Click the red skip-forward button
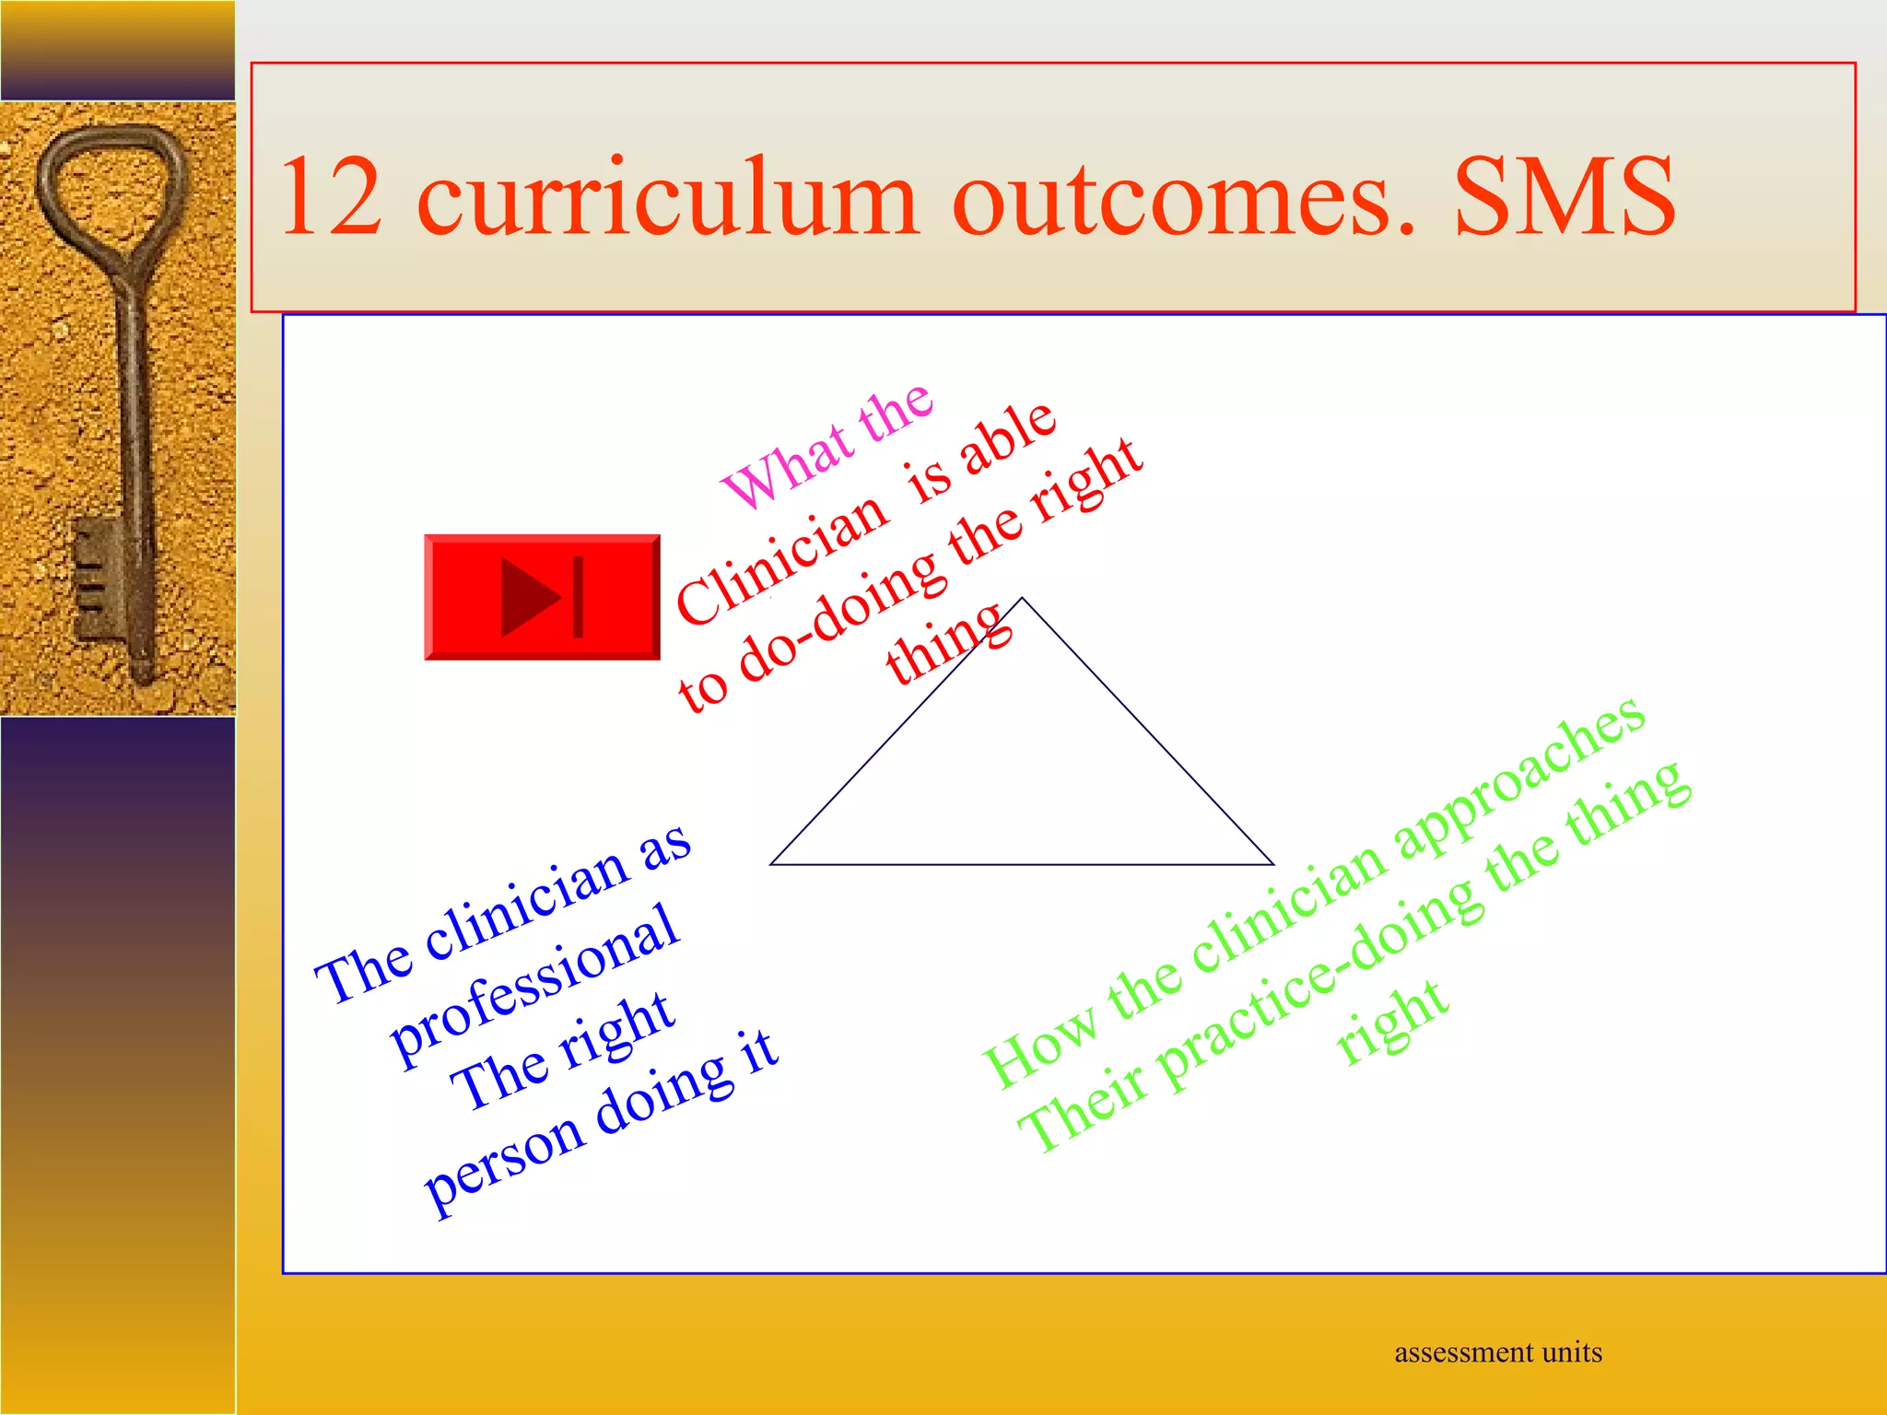(x=542, y=597)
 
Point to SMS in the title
(x=1565, y=197)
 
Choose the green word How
(x=1039, y=1047)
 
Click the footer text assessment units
(x=1498, y=1352)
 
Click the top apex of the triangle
(x=1022, y=599)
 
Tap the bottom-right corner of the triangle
(x=1272, y=864)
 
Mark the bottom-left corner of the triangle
(x=771, y=864)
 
